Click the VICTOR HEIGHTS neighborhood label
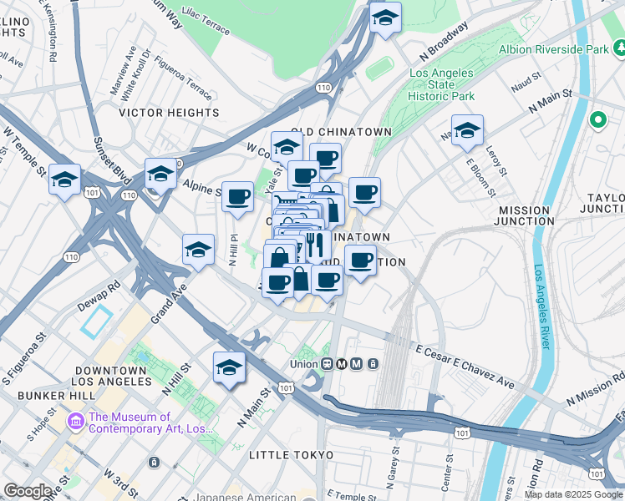click(169, 112)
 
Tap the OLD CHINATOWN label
click(342, 132)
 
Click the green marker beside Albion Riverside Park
click(597, 120)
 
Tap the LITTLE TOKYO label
click(291, 455)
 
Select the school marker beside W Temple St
click(64, 180)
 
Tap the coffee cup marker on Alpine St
click(238, 196)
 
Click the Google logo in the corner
click(28, 491)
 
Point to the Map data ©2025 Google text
click(574, 494)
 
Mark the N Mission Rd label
click(596, 390)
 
